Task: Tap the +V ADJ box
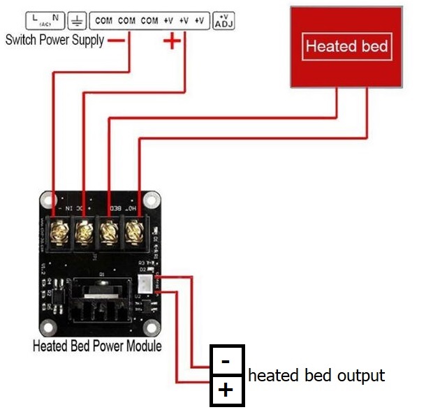(x=223, y=20)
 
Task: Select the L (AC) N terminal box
(x=45, y=21)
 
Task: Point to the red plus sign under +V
(x=172, y=41)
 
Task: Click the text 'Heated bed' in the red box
(x=347, y=47)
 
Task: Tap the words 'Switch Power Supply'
(x=54, y=40)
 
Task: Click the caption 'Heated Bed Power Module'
(x=97, y=346)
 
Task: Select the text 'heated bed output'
(x=316, y=375)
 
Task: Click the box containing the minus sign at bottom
(x=227, y=361)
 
